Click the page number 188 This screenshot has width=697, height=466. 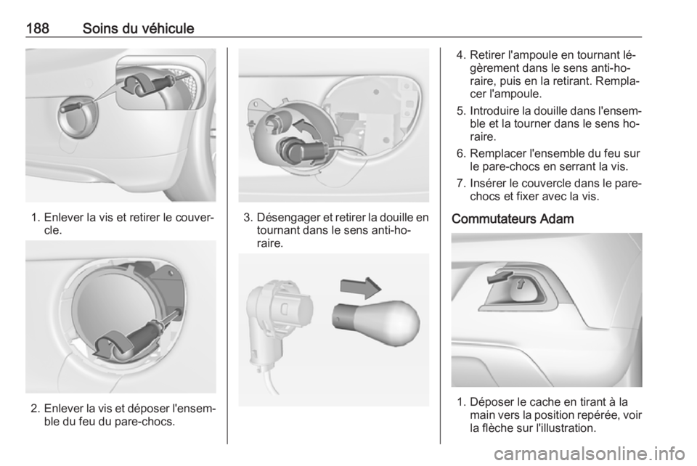(x=37, y=28)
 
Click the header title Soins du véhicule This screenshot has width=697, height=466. (x=138, y=28)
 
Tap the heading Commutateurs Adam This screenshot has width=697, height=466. (x=513, y=219)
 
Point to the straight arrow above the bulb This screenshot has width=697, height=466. (x=361, y=287)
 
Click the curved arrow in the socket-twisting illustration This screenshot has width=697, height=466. (x=307, y=128)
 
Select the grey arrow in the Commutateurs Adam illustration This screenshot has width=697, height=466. (x=500, y=277)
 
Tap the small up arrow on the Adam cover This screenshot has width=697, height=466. (x=521, y=284)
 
